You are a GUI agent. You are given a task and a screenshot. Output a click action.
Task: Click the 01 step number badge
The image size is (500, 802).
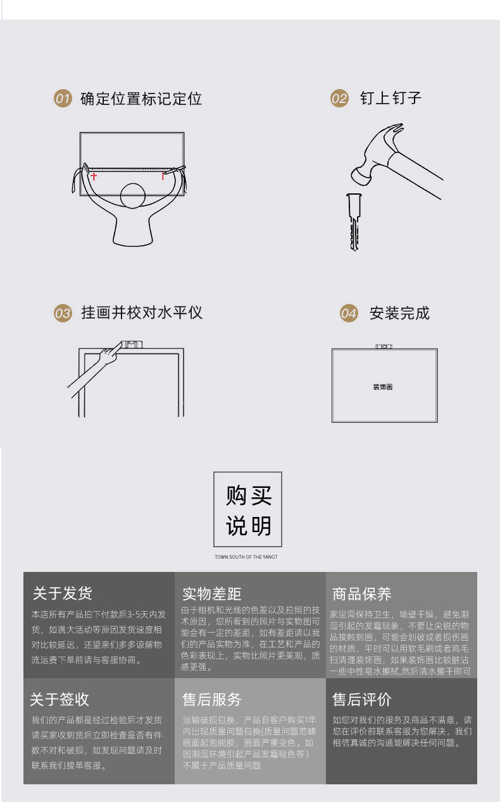pyautogui.click(x=62, y=99)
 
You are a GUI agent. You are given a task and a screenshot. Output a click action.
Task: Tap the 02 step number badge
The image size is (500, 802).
pyautogui.click(x=340, y=99)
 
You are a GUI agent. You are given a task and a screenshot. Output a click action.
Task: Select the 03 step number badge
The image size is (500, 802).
pyautogui.click(x=62, y=313)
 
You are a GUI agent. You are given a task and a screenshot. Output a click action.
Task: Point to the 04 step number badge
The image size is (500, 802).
pyautogui.click(x=349, y=313)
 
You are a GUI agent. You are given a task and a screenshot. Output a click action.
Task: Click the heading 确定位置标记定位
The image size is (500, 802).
pyautogui.click(x=141, y=99)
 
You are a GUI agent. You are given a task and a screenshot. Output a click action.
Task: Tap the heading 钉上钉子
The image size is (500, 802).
pyautogui.click(x=391, y=98)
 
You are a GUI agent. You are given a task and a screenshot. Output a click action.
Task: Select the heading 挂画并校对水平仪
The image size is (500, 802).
pyautogui.click(x=142, y=312)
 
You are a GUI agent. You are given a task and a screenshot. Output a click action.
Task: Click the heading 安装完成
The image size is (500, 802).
pyautogui.click(x=399, y=313)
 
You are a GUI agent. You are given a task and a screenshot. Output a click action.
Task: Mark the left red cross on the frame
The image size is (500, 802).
pyautogui.click(x=94, y=176)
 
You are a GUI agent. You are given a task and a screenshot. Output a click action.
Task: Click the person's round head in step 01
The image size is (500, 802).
pyautogui.click(x=133, y=195)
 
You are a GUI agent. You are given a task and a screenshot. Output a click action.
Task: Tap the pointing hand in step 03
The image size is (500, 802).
pyautogui.click(x=114, y=353)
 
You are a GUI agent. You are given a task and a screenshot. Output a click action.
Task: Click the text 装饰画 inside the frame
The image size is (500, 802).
pyautogui.click(x=383, y=387)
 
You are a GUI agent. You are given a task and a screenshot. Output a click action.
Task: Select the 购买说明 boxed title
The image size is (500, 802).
pyautogui.click(x=247, y=509)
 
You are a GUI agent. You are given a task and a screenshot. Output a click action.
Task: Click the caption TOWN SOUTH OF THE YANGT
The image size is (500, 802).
pyautogui.click(x=246, y=557)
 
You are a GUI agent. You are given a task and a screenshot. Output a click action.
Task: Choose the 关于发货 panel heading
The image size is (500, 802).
pyautogui.click(x=62, y=593)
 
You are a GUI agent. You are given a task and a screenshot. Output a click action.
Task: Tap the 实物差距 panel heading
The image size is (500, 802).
pyautogui.click(x=212, y=593)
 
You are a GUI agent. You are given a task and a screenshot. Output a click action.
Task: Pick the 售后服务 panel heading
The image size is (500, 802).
pyautogui.click(x=212, y=699)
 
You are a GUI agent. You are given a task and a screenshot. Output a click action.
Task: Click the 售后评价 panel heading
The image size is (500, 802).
pyautogui.click(x=362, y=699)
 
